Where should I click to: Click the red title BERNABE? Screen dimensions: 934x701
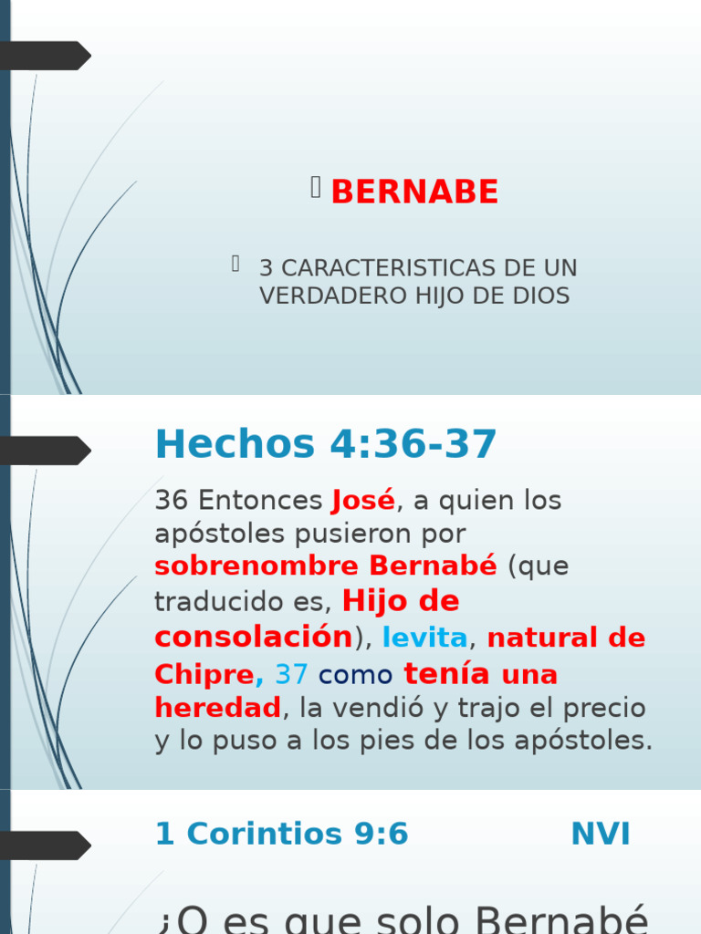click(414, 192)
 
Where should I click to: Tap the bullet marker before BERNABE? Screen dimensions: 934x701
click(316, 188)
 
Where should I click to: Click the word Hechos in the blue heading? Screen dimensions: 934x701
click(235, 444)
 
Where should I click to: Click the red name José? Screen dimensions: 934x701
click(363, 501)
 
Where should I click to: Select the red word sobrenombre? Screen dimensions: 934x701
click(256, 566)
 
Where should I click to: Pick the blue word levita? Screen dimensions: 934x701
click(424, 638)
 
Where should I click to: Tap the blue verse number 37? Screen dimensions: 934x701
click(291, 675)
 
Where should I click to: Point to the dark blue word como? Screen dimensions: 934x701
click(356, 675)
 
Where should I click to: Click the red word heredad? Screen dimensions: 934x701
click(217, 708)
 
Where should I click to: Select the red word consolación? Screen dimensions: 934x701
click(253, 637)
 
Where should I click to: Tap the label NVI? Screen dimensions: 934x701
click(600, 834)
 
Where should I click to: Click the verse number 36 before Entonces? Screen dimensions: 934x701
click(171, 501)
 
